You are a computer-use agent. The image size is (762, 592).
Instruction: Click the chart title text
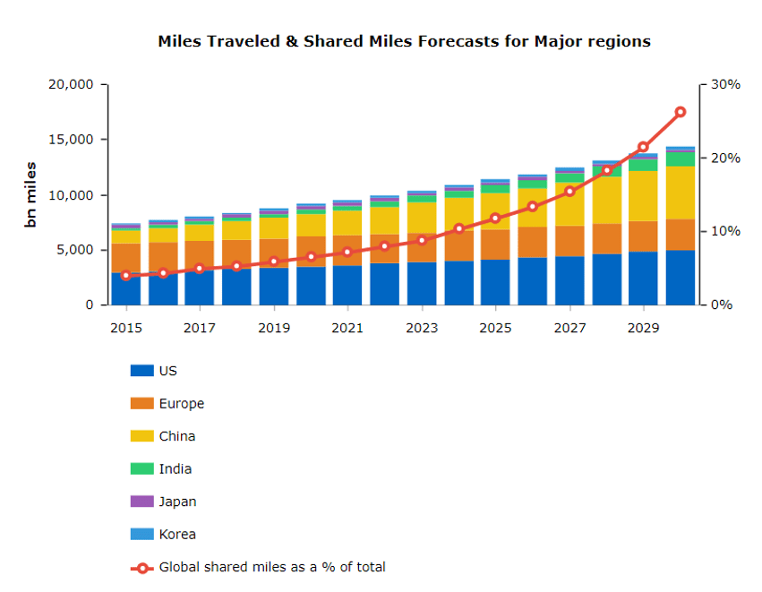(404, 41)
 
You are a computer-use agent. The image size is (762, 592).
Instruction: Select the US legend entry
(167, 371)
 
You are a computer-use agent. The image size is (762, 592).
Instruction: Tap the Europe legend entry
(181, 404)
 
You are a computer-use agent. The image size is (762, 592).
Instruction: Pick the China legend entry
(176, 436)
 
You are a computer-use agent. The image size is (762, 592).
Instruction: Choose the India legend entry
(175, 469)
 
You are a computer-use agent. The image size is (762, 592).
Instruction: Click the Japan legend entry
(177, 502)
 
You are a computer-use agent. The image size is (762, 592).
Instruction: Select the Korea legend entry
(176, 535)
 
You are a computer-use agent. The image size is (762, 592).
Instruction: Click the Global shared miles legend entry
(271, 567)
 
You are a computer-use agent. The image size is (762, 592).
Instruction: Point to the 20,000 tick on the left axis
(70, 84)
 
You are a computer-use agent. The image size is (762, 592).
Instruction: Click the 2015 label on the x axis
(126, 329)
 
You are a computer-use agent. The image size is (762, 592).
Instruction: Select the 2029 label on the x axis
(643, 329)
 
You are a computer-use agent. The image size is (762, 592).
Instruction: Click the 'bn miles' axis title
(31, 194)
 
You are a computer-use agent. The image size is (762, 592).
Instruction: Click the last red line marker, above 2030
(680, 112)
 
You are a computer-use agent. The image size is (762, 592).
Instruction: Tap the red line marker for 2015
(126, 275)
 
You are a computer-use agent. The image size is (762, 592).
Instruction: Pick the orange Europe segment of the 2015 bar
(126, 255)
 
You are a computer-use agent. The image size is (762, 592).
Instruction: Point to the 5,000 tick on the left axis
(75, 250)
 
